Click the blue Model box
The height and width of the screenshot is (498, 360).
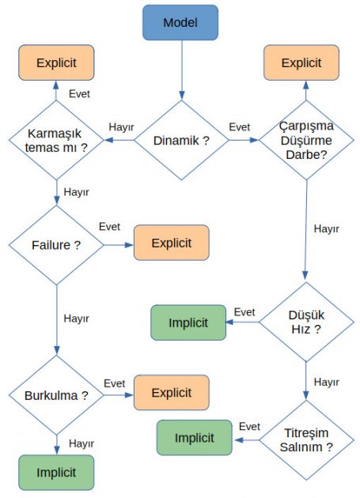[x=180, y=22]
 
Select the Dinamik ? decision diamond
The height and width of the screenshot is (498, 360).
[x=180, y=141]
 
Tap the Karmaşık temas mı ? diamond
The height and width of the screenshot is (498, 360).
[x=56, y=141]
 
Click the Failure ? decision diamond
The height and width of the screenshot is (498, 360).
[x=56, y=244]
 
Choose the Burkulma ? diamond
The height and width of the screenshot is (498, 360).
[x=56, y=394]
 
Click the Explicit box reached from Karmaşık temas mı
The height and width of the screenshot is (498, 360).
[x=56, y=62]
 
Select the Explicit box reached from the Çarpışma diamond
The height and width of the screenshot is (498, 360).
[x=301, y=62]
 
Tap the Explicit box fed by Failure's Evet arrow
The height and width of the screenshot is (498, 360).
[x=172, y=243]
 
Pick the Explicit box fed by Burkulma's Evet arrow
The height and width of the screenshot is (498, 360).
[x=172, y=392]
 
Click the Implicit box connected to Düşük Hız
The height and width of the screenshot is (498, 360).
[x=188, y=323]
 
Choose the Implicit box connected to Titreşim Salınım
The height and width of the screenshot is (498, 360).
[x=194, y=438]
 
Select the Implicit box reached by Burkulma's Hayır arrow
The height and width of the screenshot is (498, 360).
[x=56, y=473]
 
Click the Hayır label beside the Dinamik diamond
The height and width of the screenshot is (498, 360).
[x=120, y=126]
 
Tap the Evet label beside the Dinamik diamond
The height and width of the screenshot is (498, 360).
[x=240, y=126]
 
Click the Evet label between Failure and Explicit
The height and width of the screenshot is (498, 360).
[x=109, y=228]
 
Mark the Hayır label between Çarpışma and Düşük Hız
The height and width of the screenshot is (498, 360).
[x=326, y=229]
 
